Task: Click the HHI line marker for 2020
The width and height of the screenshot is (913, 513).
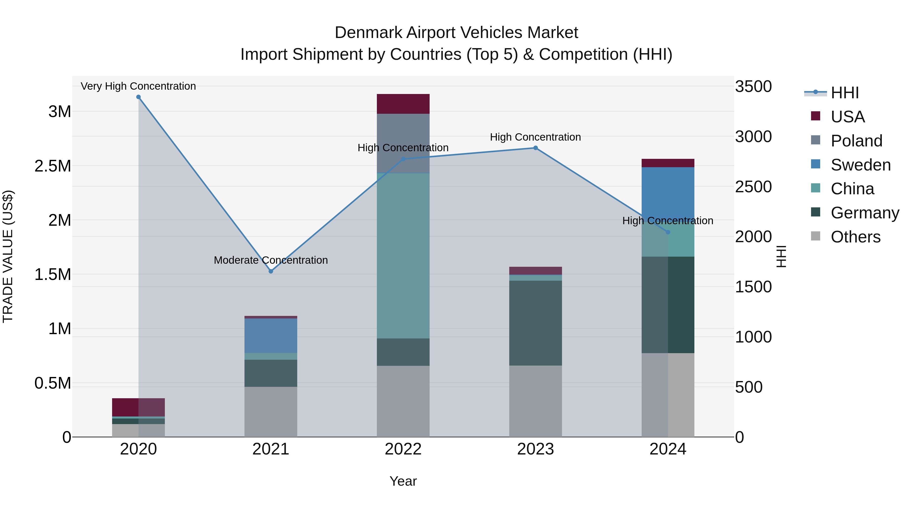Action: point(138,97)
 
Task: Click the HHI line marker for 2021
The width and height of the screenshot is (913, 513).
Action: point(271,271)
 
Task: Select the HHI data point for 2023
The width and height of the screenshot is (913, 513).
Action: point(536,148)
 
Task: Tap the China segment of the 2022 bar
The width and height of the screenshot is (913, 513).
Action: point(403,255)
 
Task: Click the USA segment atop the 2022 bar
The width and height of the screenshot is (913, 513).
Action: point(403,104)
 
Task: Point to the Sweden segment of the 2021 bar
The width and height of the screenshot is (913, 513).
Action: point(271,336)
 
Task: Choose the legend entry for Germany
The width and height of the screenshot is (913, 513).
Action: point(865,213)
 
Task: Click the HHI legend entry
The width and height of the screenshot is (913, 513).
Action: point(845,93)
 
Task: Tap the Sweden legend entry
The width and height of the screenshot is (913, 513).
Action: point(860,165)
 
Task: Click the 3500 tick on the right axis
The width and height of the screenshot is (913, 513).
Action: point(753,86)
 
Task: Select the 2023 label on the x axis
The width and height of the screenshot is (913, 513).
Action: point(536,449)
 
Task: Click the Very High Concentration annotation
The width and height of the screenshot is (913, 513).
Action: point(138,86)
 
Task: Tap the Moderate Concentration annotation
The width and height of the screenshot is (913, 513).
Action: point(271,260)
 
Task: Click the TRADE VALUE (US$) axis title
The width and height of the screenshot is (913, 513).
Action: point(8,256)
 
